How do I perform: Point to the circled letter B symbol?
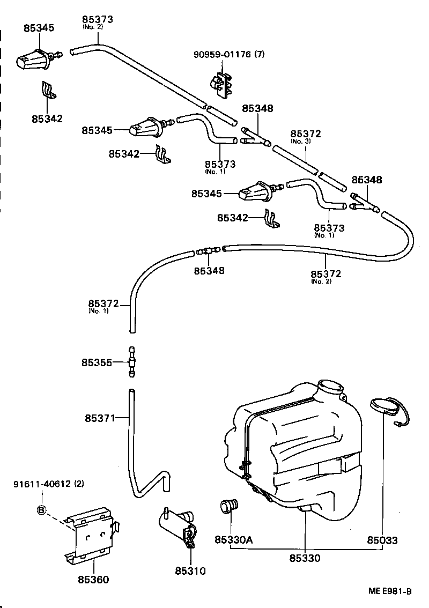[x=42, y=510]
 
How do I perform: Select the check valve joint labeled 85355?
[x=131, y=362]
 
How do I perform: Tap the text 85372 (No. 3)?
[x=306, y=134]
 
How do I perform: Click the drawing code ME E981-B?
[x=390, y=591]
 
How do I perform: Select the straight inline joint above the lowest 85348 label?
[x=208, y=249]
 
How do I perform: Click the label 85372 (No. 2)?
[x=326, y=274]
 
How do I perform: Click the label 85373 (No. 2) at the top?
[x=98, y=20]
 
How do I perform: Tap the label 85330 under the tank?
[x=305, y=558]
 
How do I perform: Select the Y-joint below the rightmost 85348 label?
[x=365, y=204]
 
